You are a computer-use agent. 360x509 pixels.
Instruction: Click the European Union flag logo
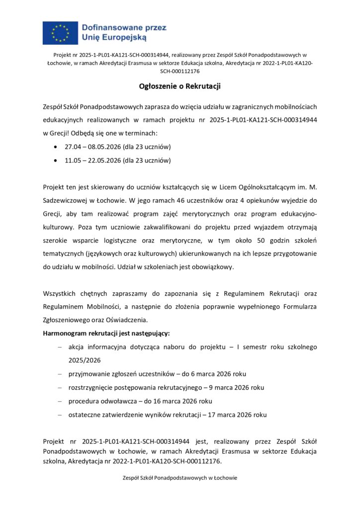click(60, 32)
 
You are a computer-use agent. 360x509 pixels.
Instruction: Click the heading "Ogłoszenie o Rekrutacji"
click(180, 86)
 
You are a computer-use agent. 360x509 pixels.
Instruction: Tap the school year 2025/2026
click(85, 360)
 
